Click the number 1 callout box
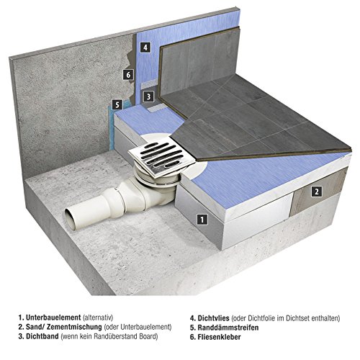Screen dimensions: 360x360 [x=202, y=220]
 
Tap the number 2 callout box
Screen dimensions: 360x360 [x=317, y=192]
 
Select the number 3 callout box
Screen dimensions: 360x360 [x=148, y=96]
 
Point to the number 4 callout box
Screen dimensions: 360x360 [x=145, y=48]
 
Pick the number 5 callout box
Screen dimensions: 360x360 [x=117, y=104]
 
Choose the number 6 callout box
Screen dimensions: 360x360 [x=128, y=74]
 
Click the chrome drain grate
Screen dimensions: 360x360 [x=162, y=156]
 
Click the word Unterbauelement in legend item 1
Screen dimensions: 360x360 [x=53, y=318]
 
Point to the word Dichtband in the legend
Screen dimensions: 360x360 [x=42, y=336]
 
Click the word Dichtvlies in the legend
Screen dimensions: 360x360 [x=213, y=318]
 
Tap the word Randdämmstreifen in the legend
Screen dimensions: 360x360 [x=228, y=328]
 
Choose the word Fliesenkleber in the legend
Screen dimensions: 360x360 [x=219, y=337]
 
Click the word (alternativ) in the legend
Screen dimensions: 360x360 [x=98, y=318]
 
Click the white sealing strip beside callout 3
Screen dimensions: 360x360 [x=155, y=109]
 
